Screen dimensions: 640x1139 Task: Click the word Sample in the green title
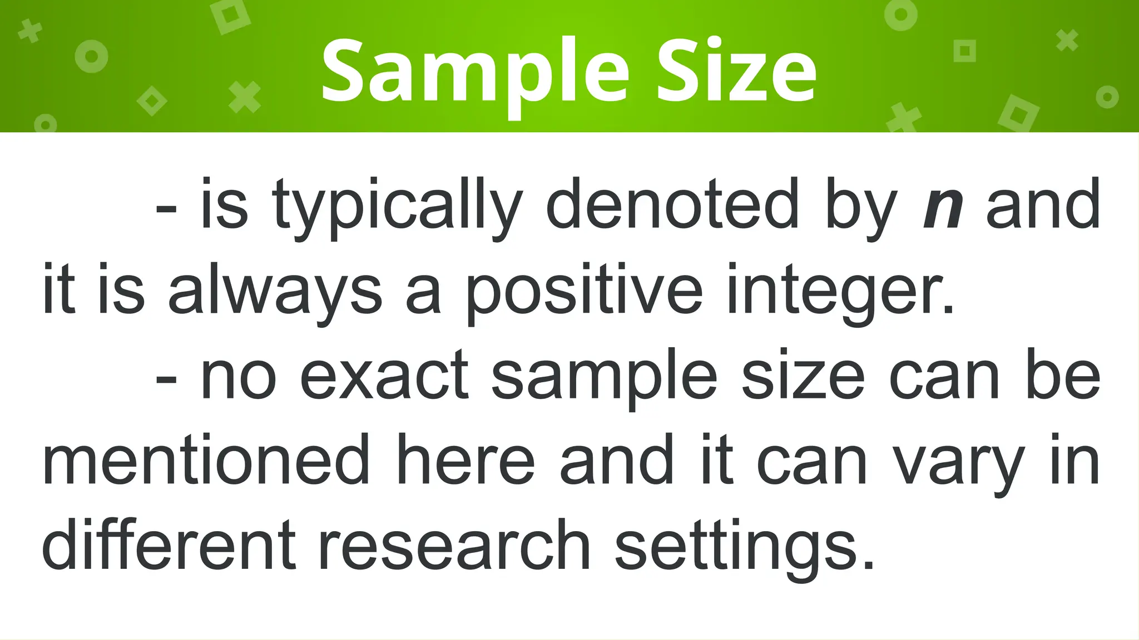pyautogui.click(x=476, y=72)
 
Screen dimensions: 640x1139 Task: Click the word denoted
pyautogui.click(x=672, y=204)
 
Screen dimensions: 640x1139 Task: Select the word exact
pyautogui.click(x=384, y=378)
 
